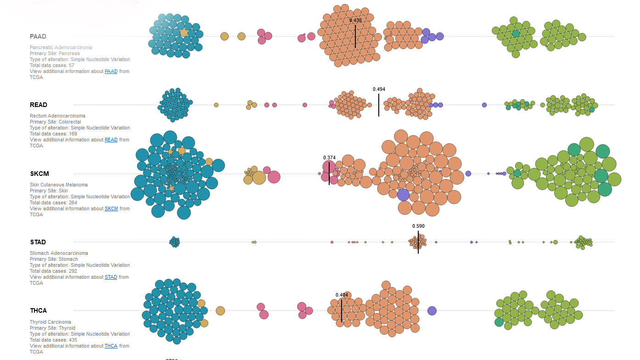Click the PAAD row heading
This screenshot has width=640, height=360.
pyautogui.click(x=38, y=36)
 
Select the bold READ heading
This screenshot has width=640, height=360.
pyautogui.click(x=39, y=105)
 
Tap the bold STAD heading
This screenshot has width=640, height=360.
pyautogui.click(x=38, y=242)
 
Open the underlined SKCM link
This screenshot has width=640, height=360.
pyautogui.click(x=111, y=208)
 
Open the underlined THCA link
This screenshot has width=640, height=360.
pyautogui.click(x=111, y=346)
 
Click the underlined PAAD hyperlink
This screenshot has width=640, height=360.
pyautogui.click(x=111, y=71)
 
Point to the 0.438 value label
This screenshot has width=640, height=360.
pyautogui.click(x=355, y=20)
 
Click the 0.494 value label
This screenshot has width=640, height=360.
pyautogui.click(x=379, y=89)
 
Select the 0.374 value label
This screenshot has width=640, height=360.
pyautogui.click(x=329, y=157)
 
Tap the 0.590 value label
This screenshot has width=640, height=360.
pyautogui.click(x=418, y=226)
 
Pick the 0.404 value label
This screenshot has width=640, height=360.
pyautogui.click(x=342, y=295)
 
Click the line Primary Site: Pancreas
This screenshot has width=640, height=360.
pyautogui.click(x=55, y=53)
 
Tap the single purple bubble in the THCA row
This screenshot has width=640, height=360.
pyautogui.click(x=432, y=311)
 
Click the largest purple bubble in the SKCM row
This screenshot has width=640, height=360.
pyautogui.click(x=403, y=195)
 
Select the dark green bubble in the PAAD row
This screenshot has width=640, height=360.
pyautogui.click(x=516, y=34)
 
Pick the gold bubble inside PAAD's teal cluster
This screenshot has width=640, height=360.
pyautogui.click(x=184, y=33)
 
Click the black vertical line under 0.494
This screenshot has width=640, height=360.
pyautogui.click(x=379, y=105)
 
